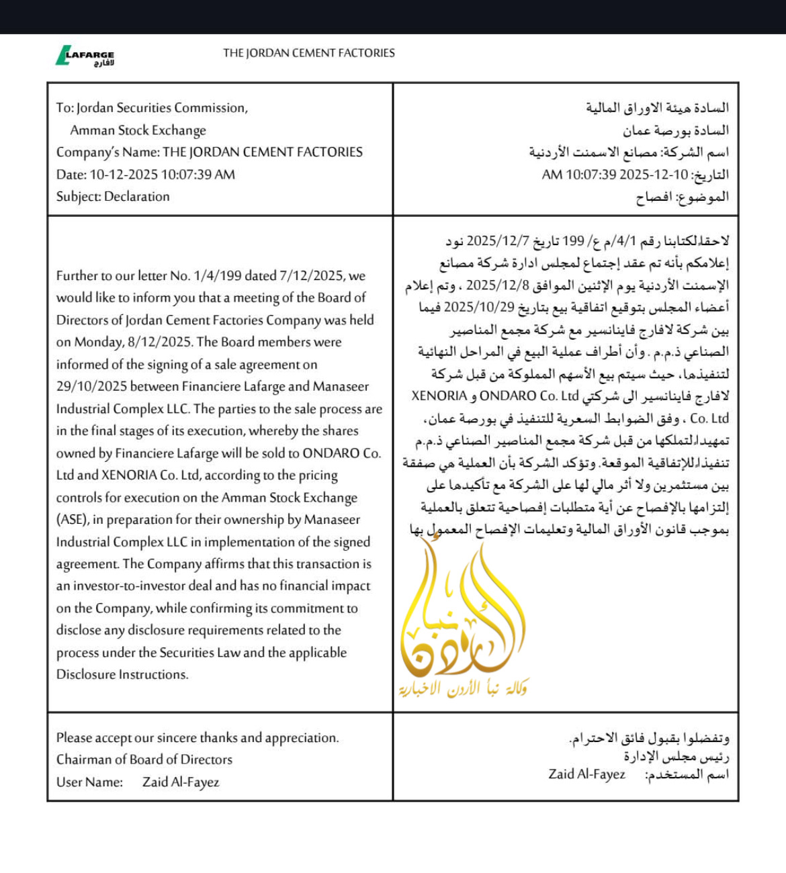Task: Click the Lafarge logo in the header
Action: tap(85, 56)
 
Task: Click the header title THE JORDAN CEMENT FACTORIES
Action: tap(309, 53)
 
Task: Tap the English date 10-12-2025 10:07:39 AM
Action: tap(162, 175)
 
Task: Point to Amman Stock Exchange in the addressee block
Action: tap(138, 130)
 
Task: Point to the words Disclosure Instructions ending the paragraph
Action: tap(122, 674)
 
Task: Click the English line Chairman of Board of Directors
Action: tap(144, 760)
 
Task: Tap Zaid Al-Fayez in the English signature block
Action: tap(181, 782)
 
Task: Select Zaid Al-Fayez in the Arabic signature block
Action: tap(586, 774)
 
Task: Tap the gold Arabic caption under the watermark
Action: tap(463, 688)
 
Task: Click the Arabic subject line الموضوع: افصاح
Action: tap(682, 197)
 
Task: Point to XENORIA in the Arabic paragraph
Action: tap(439, 396)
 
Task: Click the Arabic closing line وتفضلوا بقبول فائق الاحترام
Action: tap(649, 738)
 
